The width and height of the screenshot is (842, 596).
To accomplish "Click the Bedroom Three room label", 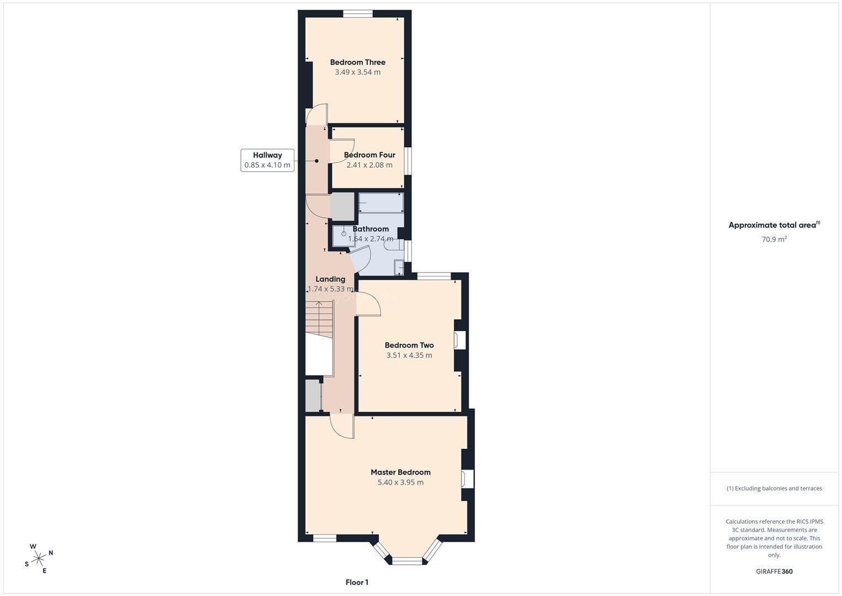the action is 357,62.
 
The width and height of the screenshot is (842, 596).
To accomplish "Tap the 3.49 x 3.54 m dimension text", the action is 357,72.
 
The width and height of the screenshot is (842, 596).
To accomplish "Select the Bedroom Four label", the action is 369,155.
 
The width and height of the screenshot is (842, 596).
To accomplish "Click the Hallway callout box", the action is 267,160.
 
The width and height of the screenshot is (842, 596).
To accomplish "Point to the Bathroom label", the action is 371,229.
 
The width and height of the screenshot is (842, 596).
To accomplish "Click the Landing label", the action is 330,279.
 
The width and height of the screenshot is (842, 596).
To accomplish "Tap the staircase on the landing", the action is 319,320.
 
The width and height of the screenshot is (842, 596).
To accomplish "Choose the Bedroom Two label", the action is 409,345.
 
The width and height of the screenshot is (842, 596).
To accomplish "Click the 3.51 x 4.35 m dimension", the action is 409,355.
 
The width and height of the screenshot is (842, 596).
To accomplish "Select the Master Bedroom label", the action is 401,472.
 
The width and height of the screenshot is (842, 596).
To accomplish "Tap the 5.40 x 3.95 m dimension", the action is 401,482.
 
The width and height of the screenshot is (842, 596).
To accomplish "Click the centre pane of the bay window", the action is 407,561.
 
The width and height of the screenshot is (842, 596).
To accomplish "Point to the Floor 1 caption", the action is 357,582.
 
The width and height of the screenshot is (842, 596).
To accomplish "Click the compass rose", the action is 39,558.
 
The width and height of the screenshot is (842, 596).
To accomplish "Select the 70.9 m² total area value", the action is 774,239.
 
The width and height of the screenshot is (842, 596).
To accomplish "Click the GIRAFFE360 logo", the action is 774,572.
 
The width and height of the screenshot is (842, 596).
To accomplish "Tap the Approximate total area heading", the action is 774,225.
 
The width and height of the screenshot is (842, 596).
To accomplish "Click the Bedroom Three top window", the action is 358,14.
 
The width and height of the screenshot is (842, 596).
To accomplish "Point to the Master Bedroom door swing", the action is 342,426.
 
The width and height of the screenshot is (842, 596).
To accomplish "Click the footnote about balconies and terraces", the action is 774,488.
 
